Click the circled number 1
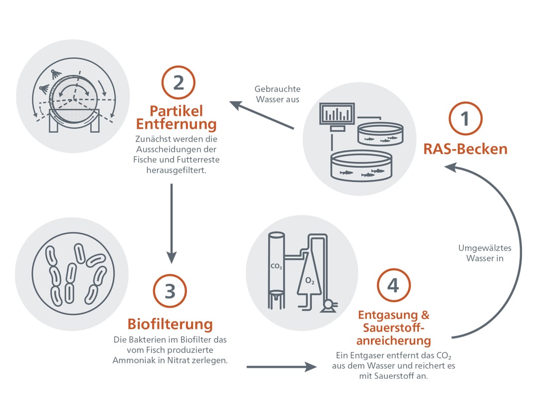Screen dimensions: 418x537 [x=465, y=119]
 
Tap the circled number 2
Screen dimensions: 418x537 [x=179, y=83]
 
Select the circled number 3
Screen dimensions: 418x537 [x=170, y=291]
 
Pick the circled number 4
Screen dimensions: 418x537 [x=393, y=285]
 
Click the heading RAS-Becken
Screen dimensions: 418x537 [x=465, y=149]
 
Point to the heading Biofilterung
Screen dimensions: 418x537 [x=170, y=325]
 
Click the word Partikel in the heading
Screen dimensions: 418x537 [x=170, y=110]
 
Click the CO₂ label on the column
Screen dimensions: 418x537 [x=276, y=267]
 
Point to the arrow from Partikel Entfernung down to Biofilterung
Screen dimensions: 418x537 [x=171, y=223]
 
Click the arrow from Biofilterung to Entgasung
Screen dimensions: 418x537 [x=281, y=367]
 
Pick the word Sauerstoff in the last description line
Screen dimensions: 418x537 [x=386, y=376]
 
